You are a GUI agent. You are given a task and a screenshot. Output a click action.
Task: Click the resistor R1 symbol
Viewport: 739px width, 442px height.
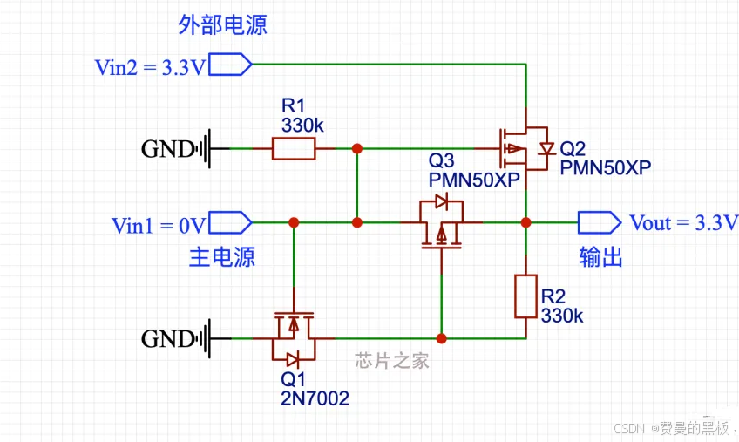click(x=293, y=149)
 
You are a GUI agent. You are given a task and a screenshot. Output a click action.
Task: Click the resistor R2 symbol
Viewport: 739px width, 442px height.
click(x=525, y=296)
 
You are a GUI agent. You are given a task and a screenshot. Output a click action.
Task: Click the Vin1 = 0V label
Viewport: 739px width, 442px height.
click(x=158, y=225)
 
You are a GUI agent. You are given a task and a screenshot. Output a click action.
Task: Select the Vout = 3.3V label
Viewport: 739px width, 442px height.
click(x=683, y=222)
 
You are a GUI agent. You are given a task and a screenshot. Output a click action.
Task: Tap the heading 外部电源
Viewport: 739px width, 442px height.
click(x=223, y=25)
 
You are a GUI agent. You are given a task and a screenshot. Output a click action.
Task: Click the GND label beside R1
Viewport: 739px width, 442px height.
click(x=167, y=149)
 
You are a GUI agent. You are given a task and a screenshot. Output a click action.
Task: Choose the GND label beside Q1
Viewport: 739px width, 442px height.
click(x=167, y=338)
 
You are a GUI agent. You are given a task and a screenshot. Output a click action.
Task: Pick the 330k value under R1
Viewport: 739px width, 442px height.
click(x=302, y=125)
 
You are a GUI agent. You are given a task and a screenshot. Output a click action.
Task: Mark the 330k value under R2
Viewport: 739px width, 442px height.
click(x=562, y=316)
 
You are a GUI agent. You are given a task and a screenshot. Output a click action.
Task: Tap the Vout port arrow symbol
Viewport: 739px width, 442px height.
click(x=599, y=222)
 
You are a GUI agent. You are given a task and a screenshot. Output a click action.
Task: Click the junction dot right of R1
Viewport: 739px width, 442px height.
click(x=356, y=149)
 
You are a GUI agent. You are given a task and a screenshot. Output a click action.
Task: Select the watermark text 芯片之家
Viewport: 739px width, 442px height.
click(x=392, y=361)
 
